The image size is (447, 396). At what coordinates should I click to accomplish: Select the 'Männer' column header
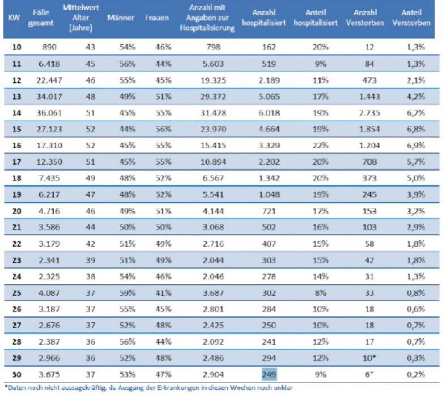120,19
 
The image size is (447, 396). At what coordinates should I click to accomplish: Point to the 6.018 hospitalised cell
269,112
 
